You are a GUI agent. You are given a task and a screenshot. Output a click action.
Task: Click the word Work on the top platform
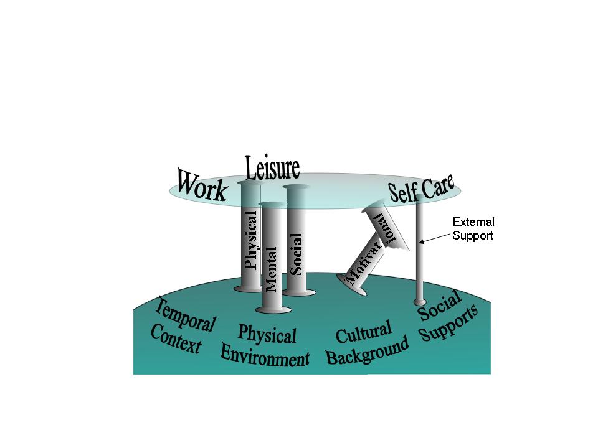coord(202,186)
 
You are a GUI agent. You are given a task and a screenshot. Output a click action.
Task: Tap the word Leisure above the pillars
coord(272,167)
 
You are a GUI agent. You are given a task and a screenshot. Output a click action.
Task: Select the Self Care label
coord(421,188)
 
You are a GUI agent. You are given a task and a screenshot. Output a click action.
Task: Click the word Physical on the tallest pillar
coord(250,240)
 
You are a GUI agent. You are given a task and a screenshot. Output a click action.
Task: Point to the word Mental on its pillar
coord(270,269)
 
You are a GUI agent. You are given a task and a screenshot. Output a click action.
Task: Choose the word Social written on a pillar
coord(295,254)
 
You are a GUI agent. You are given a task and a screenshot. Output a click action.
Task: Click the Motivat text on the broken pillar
coord(364,263)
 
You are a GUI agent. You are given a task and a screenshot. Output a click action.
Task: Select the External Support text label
coord(473,228)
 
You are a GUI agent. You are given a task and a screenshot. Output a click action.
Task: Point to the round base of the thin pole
coord(420,302)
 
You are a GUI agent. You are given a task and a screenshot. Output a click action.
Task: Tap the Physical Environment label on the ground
coord(265,345)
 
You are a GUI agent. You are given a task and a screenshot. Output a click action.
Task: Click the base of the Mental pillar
coord(273,310)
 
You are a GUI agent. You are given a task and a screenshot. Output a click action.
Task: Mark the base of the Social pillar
coord(299,292)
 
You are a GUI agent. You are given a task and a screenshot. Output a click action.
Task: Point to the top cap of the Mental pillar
coord(272,204)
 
